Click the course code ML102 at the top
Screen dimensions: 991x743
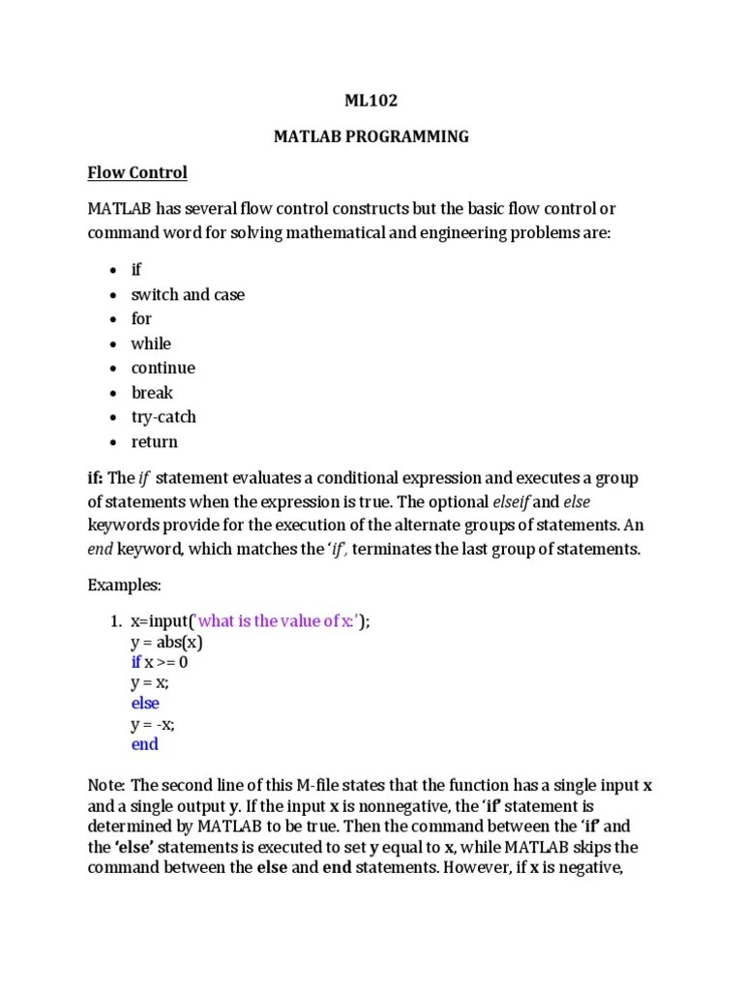tap(371, 100)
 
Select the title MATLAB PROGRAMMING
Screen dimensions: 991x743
tap(371, 136)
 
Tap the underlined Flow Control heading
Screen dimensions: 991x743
tap(137, 173)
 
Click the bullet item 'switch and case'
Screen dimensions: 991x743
tap(188, 294)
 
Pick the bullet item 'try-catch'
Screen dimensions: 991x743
tap(163, 417)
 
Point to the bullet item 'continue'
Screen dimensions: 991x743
tap(163, 368)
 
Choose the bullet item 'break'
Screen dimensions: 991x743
tap(153, 393)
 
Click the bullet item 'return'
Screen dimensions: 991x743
tap(155, 442)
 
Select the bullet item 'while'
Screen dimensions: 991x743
tap(151, 344)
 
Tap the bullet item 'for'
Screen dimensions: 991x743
tap(141, 318)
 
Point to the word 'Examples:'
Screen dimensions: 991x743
tap(123, 586)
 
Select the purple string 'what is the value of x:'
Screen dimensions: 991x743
tap(276, 621)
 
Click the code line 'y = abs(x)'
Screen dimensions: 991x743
tap(166, 643)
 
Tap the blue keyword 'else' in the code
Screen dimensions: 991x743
tap(145, 704)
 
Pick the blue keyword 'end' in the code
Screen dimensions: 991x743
tap(144, 744)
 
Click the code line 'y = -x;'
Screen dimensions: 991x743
tap(154, 724)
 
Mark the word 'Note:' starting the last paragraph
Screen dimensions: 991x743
tap(106, 785)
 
